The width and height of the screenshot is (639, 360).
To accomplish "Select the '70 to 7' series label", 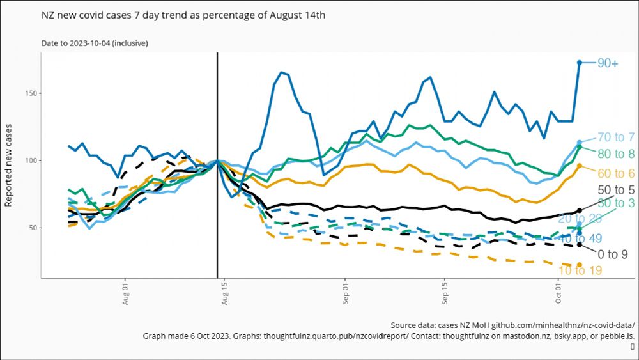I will pos(616,137).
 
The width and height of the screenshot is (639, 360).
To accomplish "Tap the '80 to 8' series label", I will pos(616,153).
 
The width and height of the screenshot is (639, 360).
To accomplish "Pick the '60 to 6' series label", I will pos(616,173).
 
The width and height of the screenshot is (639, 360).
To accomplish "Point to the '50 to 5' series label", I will pos(616,190).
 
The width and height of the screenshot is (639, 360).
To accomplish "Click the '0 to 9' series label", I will pos(612,254).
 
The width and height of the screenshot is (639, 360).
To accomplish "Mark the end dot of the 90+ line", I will pos(580,62).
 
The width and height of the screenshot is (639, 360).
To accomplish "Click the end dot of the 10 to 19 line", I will pos(580,265).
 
